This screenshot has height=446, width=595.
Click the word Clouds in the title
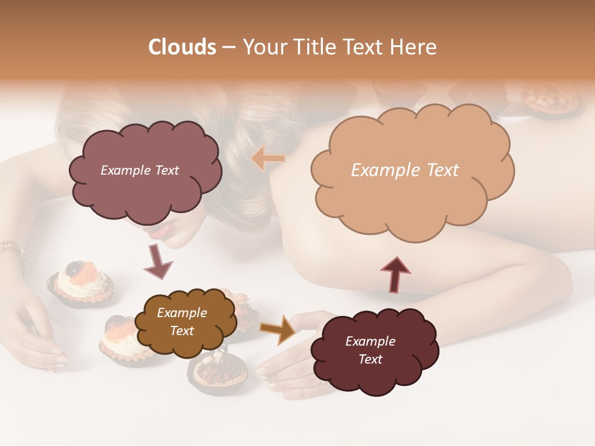tap(182, 47)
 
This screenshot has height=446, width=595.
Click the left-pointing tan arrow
tap(268, 159)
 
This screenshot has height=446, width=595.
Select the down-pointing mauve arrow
tap(157, 260)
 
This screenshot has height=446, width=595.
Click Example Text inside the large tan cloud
tap(405, 170)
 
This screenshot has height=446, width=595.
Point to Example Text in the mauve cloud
tap(139, 170)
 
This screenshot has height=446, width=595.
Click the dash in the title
tap(229, 47)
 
